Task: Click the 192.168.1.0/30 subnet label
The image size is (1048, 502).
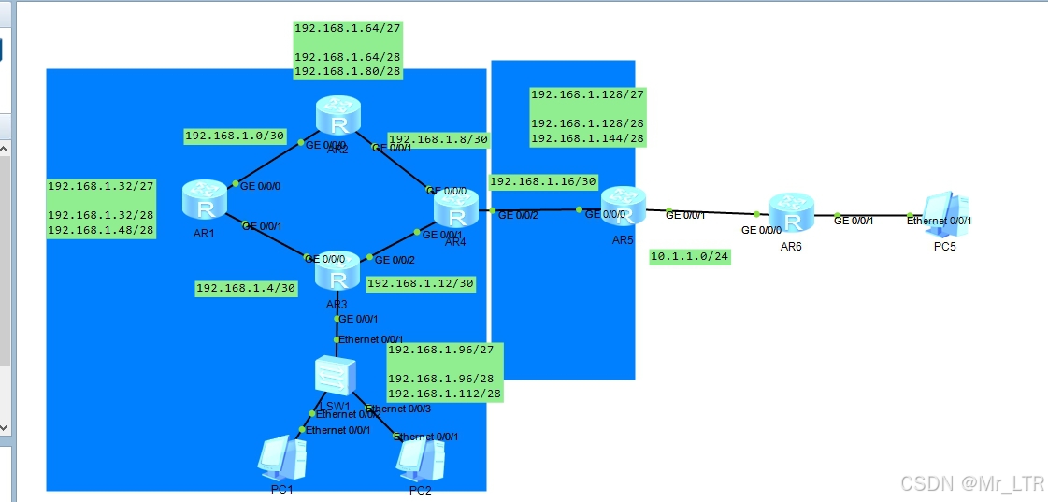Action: pos(235,136)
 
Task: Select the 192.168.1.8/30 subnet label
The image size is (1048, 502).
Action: pos(438,139)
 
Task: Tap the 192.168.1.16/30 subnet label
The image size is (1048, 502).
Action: pos(542,181)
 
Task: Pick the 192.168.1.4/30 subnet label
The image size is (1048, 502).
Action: pos(246,288)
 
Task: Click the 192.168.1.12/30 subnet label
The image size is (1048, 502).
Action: pos(421,283)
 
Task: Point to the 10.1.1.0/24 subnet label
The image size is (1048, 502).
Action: pos(689,256)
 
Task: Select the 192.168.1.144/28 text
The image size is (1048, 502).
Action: pos(587,138)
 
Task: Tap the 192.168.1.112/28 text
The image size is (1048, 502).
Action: pos(444,394)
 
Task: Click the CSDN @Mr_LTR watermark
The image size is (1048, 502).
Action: pos(971,482)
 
